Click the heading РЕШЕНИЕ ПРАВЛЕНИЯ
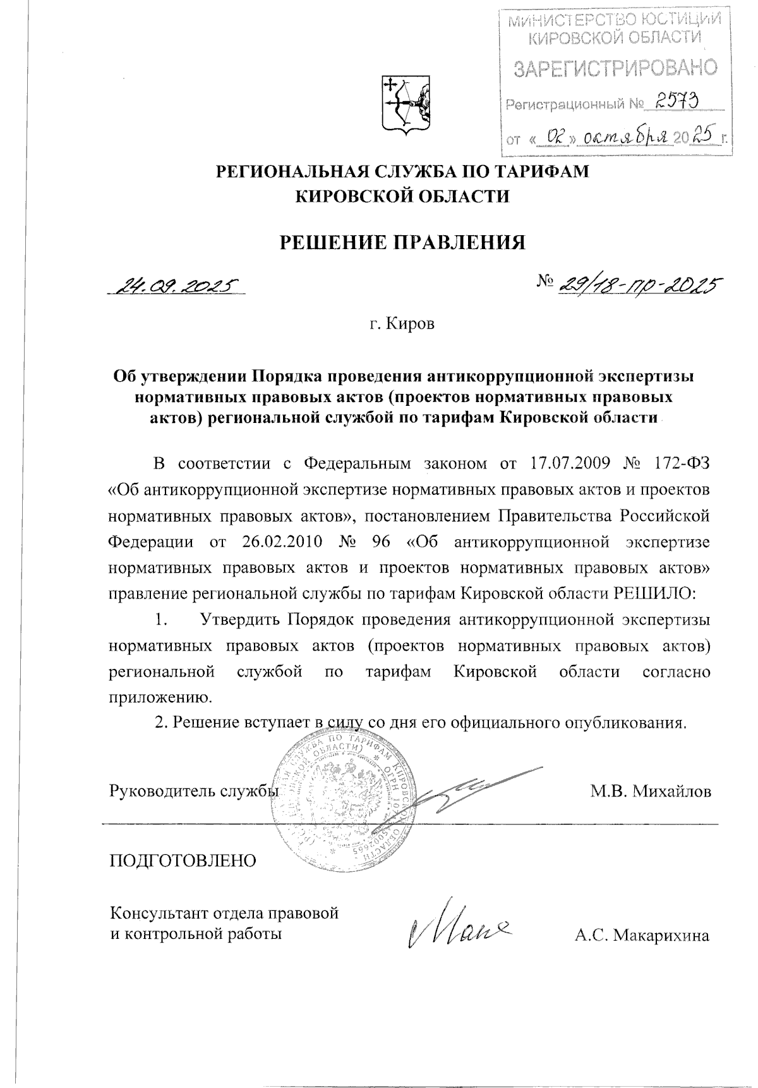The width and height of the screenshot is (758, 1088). click(x=402, y=243)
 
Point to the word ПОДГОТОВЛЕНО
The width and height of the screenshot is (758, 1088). click(x=184, y=860)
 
